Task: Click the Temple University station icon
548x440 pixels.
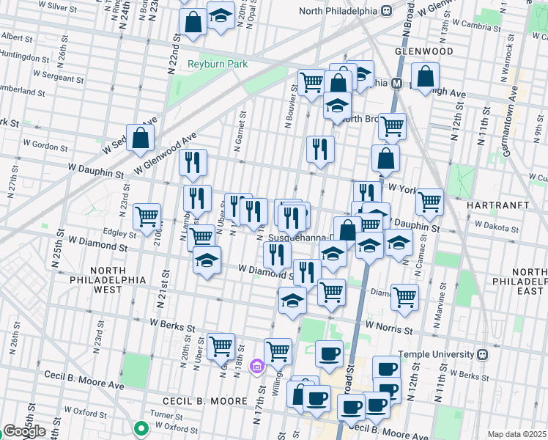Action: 481,354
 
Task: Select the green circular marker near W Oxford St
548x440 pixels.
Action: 141,428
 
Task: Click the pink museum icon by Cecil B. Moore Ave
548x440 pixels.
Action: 256,366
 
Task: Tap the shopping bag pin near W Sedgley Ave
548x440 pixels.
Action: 140,137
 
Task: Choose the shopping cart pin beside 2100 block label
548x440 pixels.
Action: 147,216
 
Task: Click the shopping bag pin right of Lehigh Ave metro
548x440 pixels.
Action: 425,76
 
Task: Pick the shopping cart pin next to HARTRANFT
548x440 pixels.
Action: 429,201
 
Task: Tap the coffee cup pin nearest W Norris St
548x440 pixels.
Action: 329,353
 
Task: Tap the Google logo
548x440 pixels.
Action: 24,431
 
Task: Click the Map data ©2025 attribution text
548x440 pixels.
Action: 516,434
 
